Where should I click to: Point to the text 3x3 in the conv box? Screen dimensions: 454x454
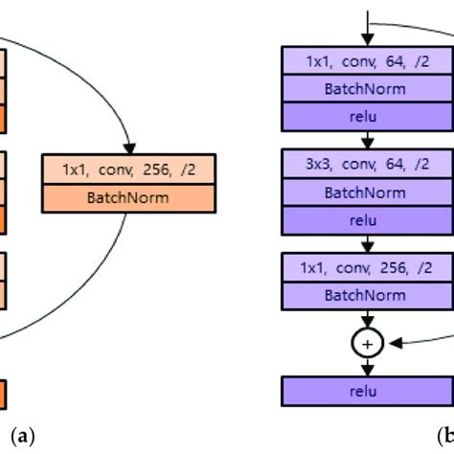point(317,165)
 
